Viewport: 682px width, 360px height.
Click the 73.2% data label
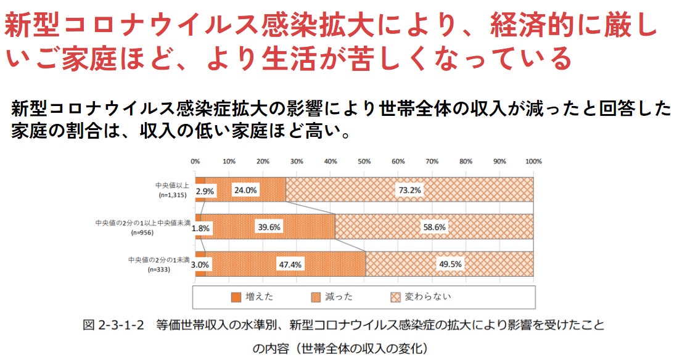(409, 190)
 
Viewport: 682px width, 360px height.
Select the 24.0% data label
(245, 190)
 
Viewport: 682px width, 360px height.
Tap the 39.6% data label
(269, 227)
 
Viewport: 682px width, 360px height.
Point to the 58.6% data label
(433, 227)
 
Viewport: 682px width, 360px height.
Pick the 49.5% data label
(450, 264)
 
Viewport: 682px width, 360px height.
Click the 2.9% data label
(205, 191)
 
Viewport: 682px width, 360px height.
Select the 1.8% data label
(201, 228)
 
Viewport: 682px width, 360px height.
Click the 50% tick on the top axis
(364, 162)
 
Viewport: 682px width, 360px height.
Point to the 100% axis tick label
(533, 162)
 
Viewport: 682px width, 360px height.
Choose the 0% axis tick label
(195, 162)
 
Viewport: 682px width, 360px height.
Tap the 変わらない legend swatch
(396, 297)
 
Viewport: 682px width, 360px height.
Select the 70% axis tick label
(432, 162)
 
